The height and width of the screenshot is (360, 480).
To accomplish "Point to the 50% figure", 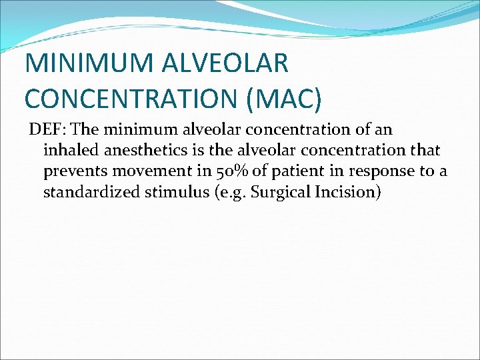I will pos(231,172).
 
